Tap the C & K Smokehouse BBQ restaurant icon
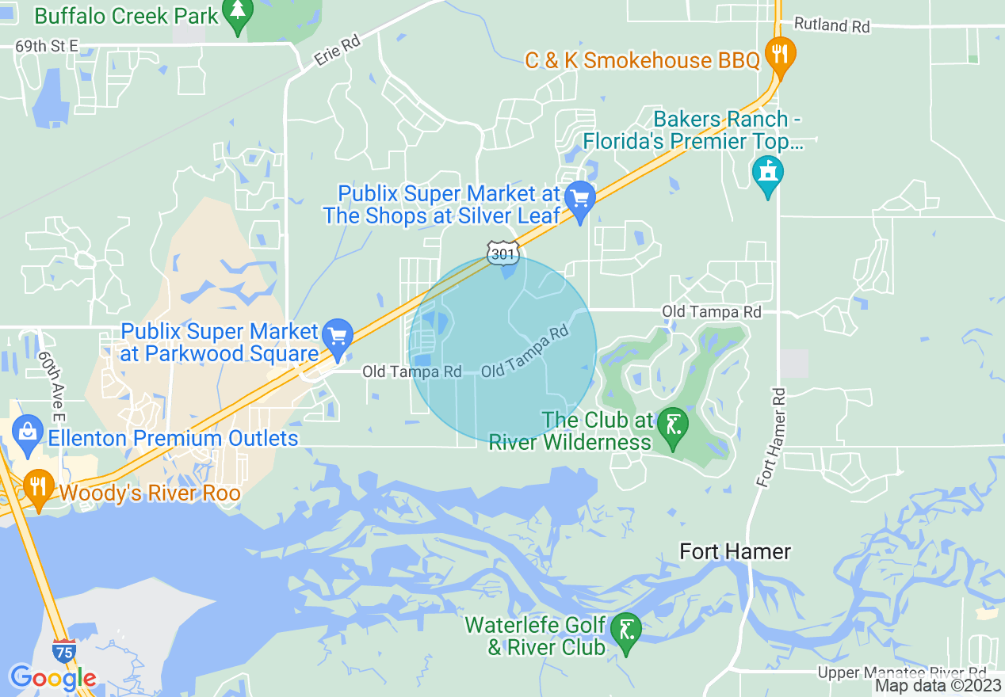coord(781,56)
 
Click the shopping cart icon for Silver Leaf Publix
coord(580,199)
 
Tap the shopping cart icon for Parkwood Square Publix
coord(338,337)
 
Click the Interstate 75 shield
coord(65,651)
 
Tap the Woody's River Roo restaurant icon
coord(37,487)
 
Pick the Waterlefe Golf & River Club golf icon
coord(626,630)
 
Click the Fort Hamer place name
coord(736,551)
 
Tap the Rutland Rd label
coord(831,25)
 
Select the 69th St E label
coord(47,47)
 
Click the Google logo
coord(52,678)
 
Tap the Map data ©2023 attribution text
coord(938,686)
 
